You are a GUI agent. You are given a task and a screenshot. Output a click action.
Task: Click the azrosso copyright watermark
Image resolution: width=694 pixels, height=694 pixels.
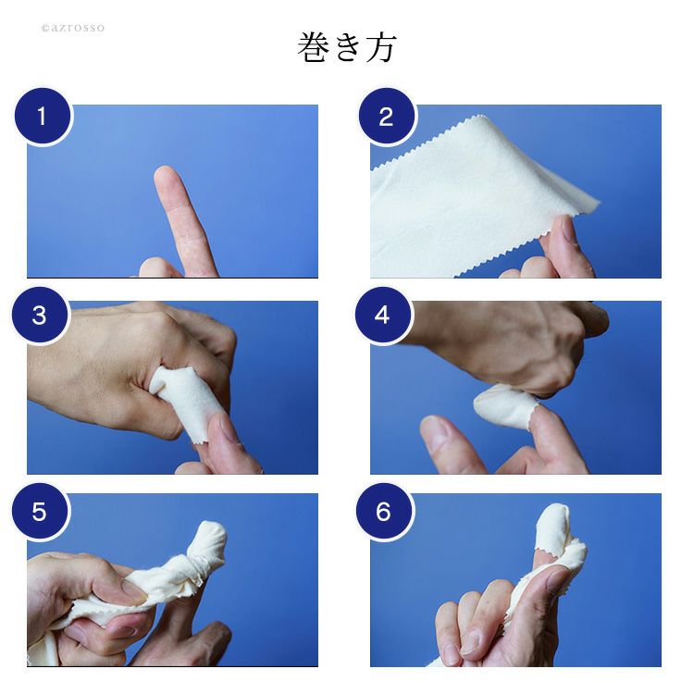tap(73, 28)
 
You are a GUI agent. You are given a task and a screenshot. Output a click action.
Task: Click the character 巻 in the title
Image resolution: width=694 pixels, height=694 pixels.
tap(313, 47)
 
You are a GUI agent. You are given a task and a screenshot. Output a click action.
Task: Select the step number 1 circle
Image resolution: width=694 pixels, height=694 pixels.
tap(43, 116)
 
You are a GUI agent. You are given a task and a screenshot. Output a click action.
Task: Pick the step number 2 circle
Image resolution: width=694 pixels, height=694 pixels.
tap(387, 116)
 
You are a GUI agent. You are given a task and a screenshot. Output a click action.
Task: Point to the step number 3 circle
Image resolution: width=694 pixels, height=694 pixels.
tap(40, 315)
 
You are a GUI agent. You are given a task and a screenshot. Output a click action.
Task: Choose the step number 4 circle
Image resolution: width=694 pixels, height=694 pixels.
tap(383, 315)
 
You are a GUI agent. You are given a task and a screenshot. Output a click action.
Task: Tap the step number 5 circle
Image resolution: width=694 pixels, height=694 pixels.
tap(40, 511)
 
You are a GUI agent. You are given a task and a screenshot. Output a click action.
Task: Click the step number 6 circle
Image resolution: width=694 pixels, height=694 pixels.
tap(384, 511)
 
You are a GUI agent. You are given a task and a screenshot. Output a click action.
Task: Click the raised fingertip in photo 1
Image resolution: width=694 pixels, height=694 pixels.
tap(165, 176)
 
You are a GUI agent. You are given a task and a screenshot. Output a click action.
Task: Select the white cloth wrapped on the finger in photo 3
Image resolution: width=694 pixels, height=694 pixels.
tap(186, 398)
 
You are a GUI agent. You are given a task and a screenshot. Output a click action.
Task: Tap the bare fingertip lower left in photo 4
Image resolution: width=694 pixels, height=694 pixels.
tap(434, 428)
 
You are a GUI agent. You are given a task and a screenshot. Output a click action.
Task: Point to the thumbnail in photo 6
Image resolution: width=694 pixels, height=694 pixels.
tap(558, 579)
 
